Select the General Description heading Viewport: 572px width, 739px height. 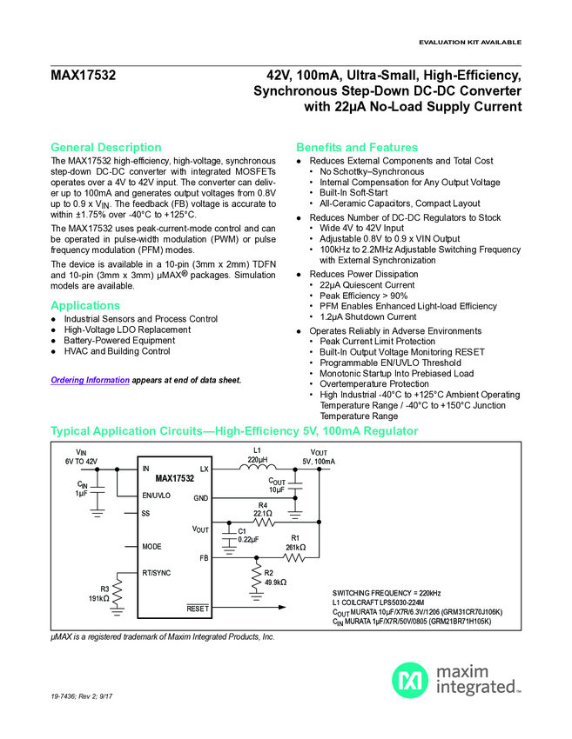point(106,147)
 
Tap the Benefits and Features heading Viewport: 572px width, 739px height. point(357,147)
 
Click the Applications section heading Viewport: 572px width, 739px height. point(85,305)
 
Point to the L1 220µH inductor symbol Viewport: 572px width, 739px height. point(257,467)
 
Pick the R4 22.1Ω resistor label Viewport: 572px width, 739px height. point(262,509)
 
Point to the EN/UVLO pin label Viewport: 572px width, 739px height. point(157,495)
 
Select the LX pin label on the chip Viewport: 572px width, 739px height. point(205,469)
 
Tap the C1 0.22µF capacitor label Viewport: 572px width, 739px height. point(247,535)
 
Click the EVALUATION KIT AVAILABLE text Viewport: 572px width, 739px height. point(470,42)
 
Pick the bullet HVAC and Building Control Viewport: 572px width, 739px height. point(117,351)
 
